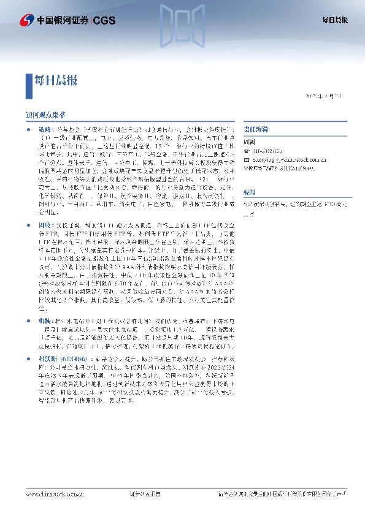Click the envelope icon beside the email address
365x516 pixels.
point(247,158)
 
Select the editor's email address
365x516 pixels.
point(279,158)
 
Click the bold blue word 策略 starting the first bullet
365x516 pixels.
point(44,131)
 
